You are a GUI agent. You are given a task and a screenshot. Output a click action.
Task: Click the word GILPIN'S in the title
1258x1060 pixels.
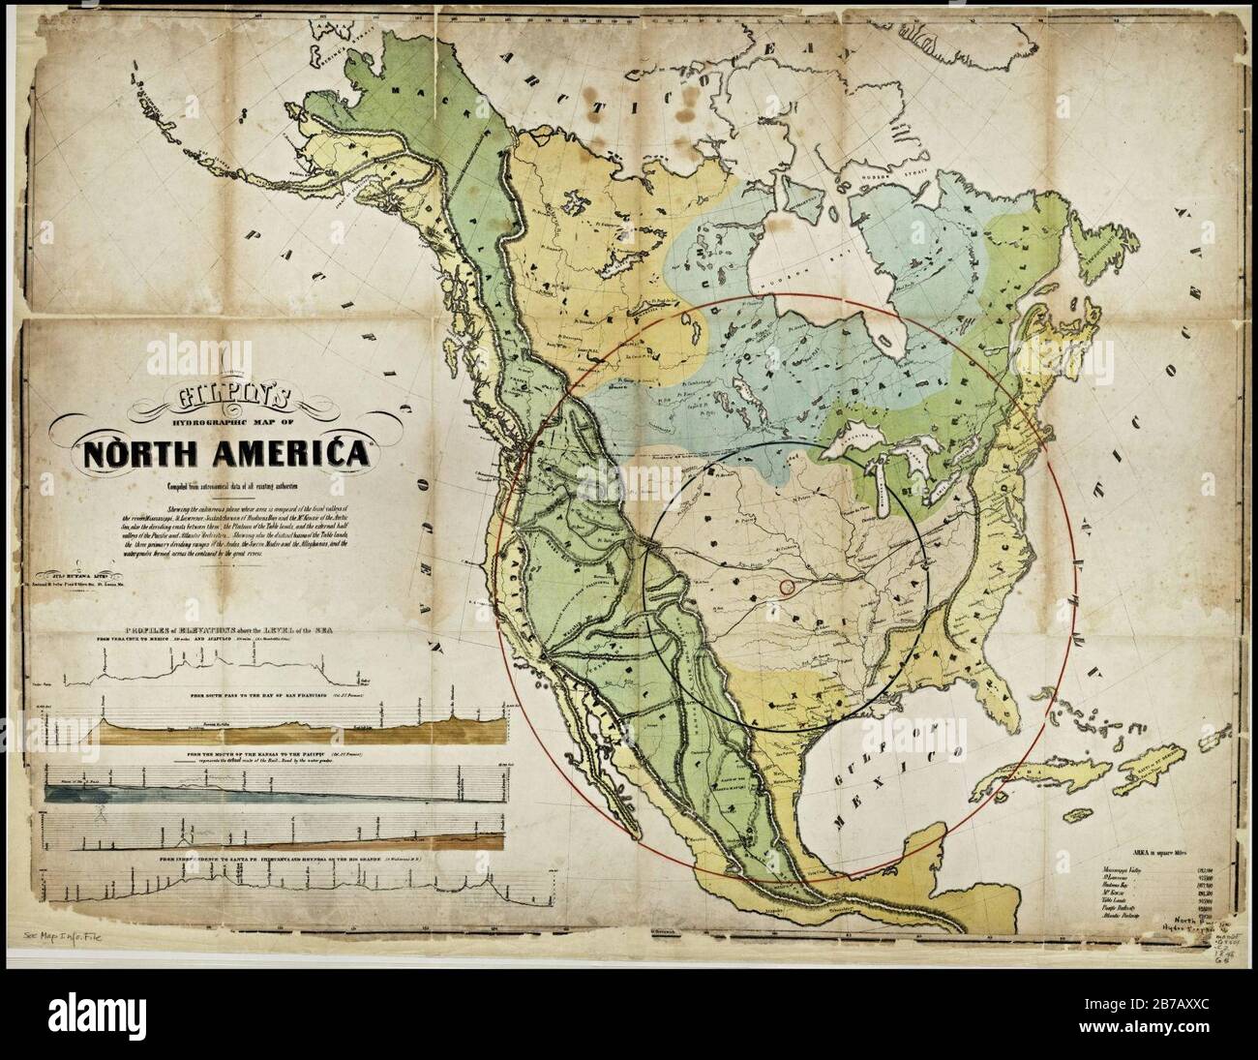[238, 396]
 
